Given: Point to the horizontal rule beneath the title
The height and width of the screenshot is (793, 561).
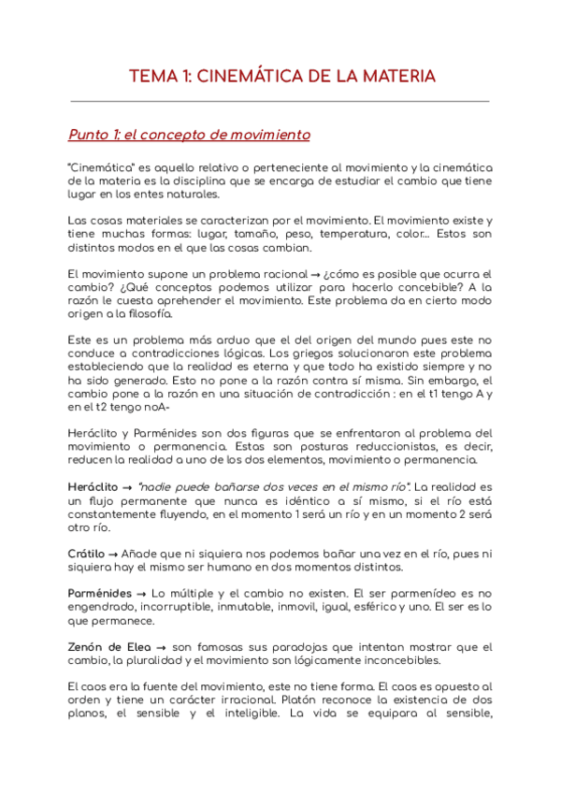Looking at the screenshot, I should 280,101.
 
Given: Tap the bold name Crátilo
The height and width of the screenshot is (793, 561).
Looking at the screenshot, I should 86,554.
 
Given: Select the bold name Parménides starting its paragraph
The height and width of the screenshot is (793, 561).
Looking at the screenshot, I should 101,594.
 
